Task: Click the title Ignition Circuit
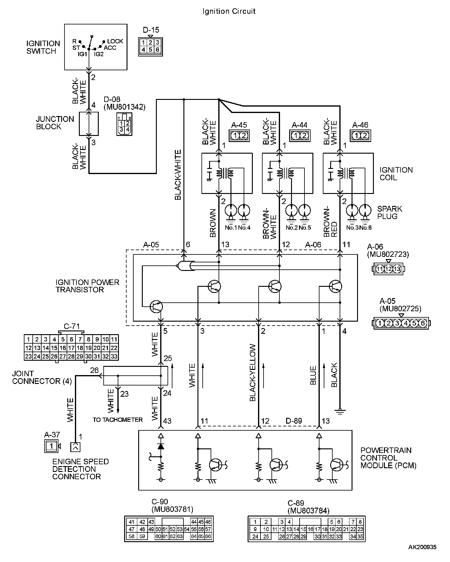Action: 229,11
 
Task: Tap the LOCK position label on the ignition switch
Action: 115,41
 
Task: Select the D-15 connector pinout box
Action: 150,46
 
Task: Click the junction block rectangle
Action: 89,124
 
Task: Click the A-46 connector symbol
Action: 360,135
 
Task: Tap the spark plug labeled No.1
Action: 231,211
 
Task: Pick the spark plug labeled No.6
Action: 365,211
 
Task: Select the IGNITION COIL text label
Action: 396,173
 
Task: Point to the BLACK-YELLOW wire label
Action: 253,372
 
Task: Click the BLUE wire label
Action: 313,375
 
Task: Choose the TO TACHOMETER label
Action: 118,420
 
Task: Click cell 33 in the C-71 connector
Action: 114,356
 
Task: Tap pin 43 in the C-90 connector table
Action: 151,522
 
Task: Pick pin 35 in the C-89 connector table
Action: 360,536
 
